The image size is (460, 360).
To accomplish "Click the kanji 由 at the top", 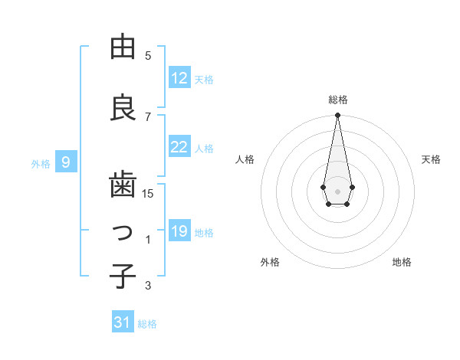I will click(x=123, y=47).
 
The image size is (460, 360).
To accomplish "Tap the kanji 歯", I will click(x=123, y=185).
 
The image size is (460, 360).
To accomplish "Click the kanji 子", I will click(x=123, y=276).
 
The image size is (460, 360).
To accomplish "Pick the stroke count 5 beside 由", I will click(x=148, y=56).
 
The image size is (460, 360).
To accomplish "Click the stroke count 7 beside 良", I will click(x=148, y=116).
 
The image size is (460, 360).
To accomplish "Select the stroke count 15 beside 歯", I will click(x=148, y=194).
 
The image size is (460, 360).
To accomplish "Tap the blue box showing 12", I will click(x=179, y=78).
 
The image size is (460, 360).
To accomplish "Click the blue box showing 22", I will click(x=179, y=147).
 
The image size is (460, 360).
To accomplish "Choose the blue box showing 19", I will click(x=179, y=231).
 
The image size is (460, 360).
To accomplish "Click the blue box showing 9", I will click(x=66, y=162).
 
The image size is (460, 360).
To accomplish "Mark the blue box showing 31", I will click(x=123, y=322).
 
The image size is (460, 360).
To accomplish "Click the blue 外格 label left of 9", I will click(x=41, y=163).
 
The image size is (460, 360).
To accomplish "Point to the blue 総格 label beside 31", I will click(x=147, y=324).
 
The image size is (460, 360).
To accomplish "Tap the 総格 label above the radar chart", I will click(x=337, y=100).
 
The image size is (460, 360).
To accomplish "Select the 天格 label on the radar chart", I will click(x=431, y=159).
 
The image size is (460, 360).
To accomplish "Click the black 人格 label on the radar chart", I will click(x=245, y=159).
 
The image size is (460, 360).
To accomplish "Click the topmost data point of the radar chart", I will click(x=337, y=115).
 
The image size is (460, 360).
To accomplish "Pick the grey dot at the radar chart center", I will click(x=337, y=190).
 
